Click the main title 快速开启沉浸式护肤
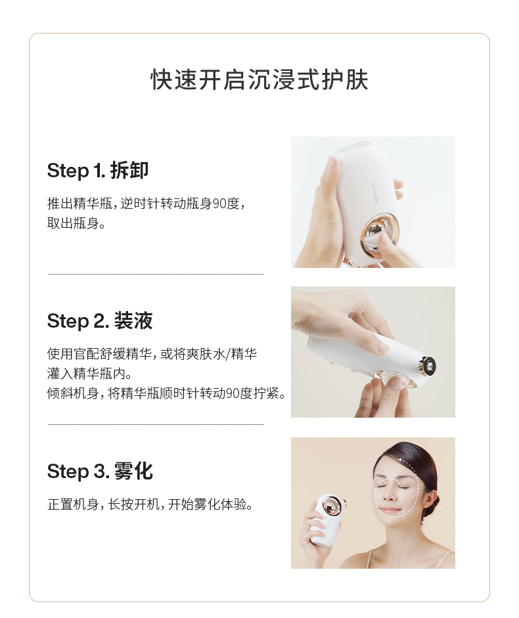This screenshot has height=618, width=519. click(x=259, y=80)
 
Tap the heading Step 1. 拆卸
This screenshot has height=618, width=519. click(x=98, y=171)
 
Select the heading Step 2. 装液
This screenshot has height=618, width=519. click(x=100, y=321)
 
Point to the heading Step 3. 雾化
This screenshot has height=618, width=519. click(x=100, y=472)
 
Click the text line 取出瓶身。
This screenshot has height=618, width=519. click(x=76, y=223)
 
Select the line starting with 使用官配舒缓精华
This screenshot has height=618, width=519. click(x=152, y=354)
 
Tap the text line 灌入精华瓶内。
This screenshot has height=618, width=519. click(x=85, y=374)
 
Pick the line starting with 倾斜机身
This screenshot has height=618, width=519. click(x=166, y=393)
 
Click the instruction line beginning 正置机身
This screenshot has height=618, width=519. click(x=150, y=504)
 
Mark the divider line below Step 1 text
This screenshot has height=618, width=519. click(x=156, y=274)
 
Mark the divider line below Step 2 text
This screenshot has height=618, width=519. click(x=156, y=424)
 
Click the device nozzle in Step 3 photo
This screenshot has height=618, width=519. click(x=329, y=507)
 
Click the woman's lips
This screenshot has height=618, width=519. click(x=390, y=510)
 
